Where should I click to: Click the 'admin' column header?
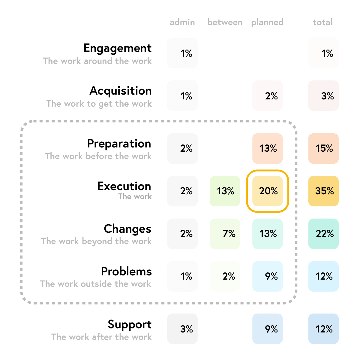pyautogui.click(x=182, y=23)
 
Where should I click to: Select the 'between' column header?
pyautogui.click(x=225, y=23)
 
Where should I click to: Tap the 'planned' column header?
pyautogui.click(x=267, y=23)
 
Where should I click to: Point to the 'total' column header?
pyautogui.click(x=323, y=23)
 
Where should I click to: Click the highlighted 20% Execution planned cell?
pyautogui.click(x=268, y=191)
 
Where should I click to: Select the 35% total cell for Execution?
pyautogui.click(x=323, y=191)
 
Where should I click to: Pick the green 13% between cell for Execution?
pyautogui.click(x=225, y=191)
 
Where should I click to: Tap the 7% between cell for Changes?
pyautogui.click(x=225, y=234)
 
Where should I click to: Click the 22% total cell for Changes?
pyautogui.click(x=323, y=234)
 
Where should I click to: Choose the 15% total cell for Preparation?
pyautogui.click(x=323, y=148)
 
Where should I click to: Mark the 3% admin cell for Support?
pyautogui.click(x=182, y=329)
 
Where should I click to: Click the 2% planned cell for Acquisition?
pyautogui.click(x=268, y=96)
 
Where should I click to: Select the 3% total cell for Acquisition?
pyautogui.click(x=323, y=96)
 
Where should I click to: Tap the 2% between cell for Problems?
pyautogui.click(x=225, y=276)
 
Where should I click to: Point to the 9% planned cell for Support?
pyautogui.click(x=268, y=329)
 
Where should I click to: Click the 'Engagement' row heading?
pyautogui.click(x=118, y=48)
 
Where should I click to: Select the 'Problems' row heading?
pyautogui.click(x=126, y=271)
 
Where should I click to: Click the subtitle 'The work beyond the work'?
pyautogui.click(x=97, y=241)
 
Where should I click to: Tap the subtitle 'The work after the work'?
pyautogui.click(x=101, y=337)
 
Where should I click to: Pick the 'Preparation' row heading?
pyautogui.click(x=119, y=144)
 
